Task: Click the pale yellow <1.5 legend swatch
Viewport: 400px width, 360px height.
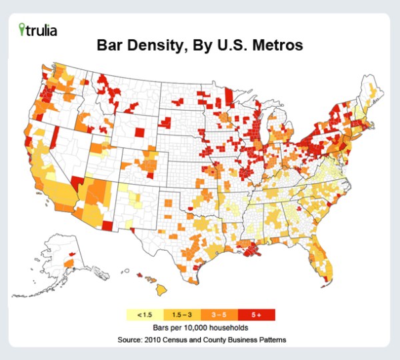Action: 144,314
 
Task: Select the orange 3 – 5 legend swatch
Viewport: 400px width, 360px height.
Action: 219,314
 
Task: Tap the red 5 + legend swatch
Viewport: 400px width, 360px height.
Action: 256,314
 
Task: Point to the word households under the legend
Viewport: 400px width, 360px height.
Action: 234,328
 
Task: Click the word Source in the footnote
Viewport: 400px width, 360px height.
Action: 131,340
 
